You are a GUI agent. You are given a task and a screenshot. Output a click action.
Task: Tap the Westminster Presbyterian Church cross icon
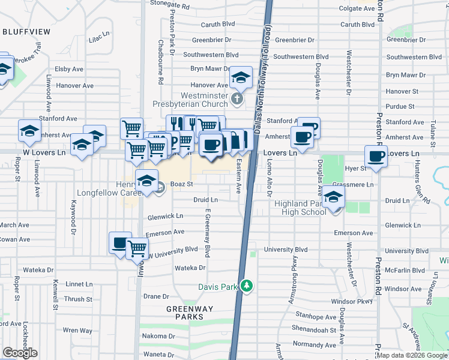coord(237,98)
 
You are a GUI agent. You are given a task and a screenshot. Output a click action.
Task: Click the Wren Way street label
coord(78,330)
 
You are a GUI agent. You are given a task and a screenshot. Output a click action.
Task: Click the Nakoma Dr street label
coord(158,336)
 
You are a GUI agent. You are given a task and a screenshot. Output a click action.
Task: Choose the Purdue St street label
coord(400,106)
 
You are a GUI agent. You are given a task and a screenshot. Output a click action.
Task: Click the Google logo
coord(20,353)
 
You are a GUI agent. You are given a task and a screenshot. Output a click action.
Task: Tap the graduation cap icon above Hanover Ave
coord(241,76)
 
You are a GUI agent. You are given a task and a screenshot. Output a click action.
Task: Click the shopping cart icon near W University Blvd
coord(137,247)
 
